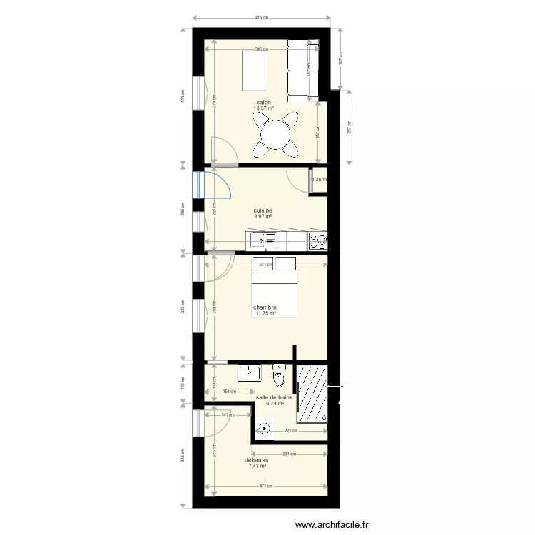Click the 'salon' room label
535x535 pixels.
(x=263, y=103)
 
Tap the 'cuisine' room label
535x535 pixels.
(x=263, y=210)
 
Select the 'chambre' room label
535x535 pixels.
(x=265, y=308)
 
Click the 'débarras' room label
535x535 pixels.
(x=258, y=460)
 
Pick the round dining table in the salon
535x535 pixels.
(x=275, y=133)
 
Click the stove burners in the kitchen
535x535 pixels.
(x=317, y=241)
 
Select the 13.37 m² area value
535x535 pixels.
(x=264, y=108)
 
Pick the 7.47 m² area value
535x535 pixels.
(x=258, y=466)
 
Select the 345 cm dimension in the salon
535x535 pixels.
(x=262, y=49)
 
